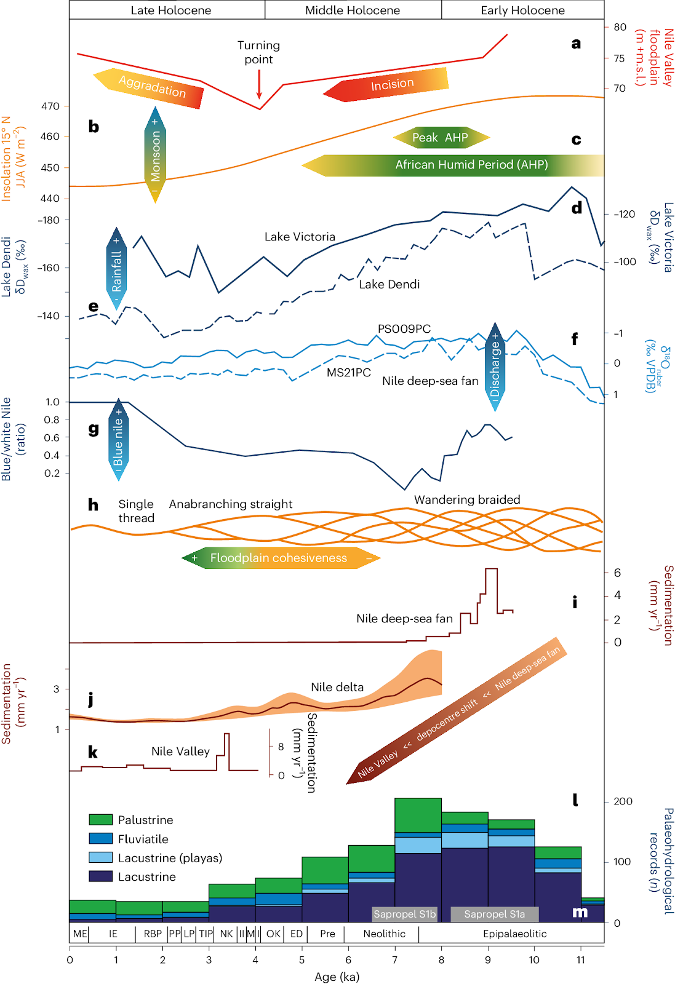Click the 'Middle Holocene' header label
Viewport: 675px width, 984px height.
pyautogui.click(x=353, y=10)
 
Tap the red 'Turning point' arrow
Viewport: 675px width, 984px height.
pyautogui.click(x=259, y=84)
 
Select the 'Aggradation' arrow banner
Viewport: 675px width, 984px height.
pyautogui.click(x=150, y=87)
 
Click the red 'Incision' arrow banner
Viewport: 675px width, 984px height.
pyautogui.click(x=387, y=85)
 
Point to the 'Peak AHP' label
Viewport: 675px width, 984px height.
pyautogui.click(x=441, y=138)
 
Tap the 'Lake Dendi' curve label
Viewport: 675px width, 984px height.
pyautogui.click(x=389, y=284)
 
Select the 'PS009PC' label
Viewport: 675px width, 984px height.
pyautogui.click(x=404, y=329)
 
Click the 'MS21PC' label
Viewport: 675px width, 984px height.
pyautogui.click(x=348, y=373)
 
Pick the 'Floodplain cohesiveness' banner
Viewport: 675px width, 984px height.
pyautogui.click(x=281, y=558)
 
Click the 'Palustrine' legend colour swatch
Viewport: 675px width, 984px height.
pyautogui.click(x=101, y=820)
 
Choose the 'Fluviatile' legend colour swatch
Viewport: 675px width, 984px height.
pyautogui.click(x=101, y=839)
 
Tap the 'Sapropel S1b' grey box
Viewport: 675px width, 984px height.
pyautogui.click(x=404, y=914)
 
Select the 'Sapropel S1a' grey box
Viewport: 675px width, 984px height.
pyautogui.click(x=495, y=914)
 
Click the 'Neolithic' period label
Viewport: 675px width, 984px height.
pyautogui.click(x=384, y=934)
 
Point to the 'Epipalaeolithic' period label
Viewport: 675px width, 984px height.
pyautogui.click(x=514, y=934)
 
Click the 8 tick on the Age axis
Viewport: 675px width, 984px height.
pyautogui.click(x=441, y=959)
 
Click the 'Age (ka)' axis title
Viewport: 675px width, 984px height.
pyautogui.click(x=337, y=977)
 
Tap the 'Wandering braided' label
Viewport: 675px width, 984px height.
pyautogui.click(x=467, y=499)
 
